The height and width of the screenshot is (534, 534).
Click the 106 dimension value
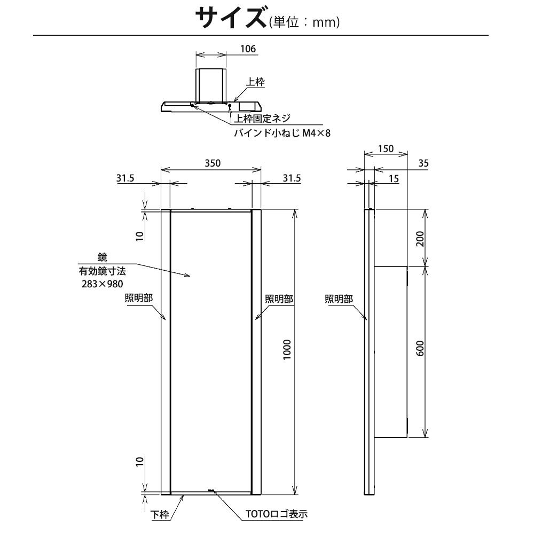(248, 49)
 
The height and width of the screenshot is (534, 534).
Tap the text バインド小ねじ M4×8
(282, 132)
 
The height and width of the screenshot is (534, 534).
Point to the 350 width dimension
(212, 163)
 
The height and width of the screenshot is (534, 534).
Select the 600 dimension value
(420, 350)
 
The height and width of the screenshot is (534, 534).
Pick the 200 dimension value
(420, 238)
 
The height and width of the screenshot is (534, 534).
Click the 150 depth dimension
(386, 149)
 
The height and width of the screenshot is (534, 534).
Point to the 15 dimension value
(393, 179)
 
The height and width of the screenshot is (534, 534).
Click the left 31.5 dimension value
(125, 178)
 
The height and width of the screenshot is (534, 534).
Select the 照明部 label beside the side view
(339, 299)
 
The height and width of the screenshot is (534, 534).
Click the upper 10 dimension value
(139, 235)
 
